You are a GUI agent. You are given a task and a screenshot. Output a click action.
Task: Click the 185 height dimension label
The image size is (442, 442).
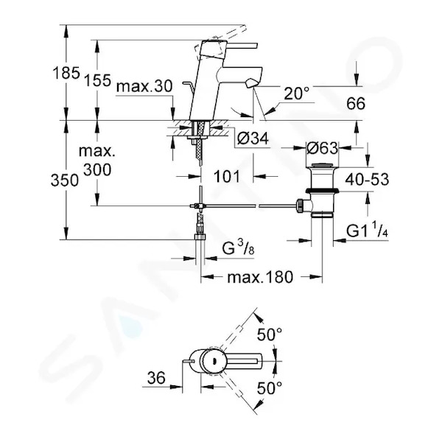(x=66, y=73)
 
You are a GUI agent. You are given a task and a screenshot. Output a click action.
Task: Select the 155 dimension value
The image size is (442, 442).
(x=97, y=80)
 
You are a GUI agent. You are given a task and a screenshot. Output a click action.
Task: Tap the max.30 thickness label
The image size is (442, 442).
(x=144, y=86)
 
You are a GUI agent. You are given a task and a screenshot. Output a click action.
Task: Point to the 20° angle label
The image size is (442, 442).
(x=296, y=93)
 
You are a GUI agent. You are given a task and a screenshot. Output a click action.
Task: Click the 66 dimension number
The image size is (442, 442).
(x=356, y=103)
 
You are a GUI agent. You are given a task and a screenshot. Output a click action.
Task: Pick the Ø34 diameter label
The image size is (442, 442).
(x=253, y=138)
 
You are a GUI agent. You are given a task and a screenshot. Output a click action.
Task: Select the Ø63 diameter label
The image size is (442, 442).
(x=322, y=148)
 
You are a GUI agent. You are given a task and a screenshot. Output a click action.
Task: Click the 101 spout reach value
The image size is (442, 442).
(x=227, y=177)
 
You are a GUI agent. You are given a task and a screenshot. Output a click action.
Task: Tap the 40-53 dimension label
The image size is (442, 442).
(x=367, y=179)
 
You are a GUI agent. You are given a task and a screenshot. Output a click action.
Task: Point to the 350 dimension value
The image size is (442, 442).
(x=65, y=180)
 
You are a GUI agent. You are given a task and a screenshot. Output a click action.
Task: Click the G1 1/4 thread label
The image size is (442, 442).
(x=367, y=230)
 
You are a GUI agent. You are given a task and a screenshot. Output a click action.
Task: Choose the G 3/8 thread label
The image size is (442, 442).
(x=238, y=248)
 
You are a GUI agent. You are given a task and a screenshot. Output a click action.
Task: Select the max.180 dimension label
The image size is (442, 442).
(x=260, y=277)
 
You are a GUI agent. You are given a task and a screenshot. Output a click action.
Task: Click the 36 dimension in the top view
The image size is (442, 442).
(x=156, y=378)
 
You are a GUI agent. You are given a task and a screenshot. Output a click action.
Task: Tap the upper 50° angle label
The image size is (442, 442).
(x=270, y=334)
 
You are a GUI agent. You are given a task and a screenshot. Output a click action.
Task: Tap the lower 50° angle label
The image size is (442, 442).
(x=270, y=388)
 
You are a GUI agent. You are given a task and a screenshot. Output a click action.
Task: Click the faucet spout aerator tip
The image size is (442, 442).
(x=251, y=84)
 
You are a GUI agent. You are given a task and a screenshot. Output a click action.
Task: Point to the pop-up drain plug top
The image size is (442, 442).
(x=323, y=164)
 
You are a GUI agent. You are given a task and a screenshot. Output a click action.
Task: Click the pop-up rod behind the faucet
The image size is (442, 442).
(x=189, y=85)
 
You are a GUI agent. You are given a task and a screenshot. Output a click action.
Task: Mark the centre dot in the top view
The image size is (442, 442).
(x=214, y=360)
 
